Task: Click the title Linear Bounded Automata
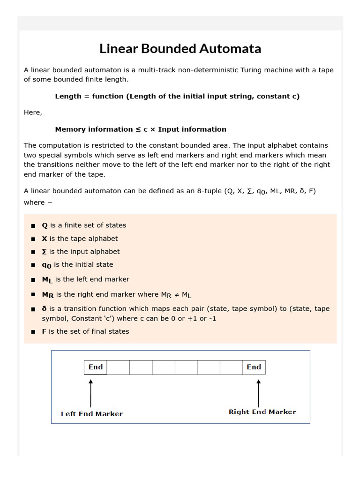click(x=180, y=49)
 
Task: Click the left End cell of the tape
click(x=96, y=367)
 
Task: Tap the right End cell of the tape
click(x=254, y=367)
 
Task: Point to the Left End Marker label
click(x=92, y=414)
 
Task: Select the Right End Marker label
click(x=262, y=412)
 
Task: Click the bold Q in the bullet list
click(x=45, y=225)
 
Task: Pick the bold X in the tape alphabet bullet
click(x=45, y=239)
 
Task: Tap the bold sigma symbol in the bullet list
click(x=45, y=252)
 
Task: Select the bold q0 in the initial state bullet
click(x=46, y=265)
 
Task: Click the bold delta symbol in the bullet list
click(x=45, y=309)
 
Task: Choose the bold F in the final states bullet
click(x=45, y=331)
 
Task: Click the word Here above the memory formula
click(x=33, y=112)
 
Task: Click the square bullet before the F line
click(x=33, y=332)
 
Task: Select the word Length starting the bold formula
click(x=68, y=96)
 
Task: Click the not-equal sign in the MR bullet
click(x=176, y=294)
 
